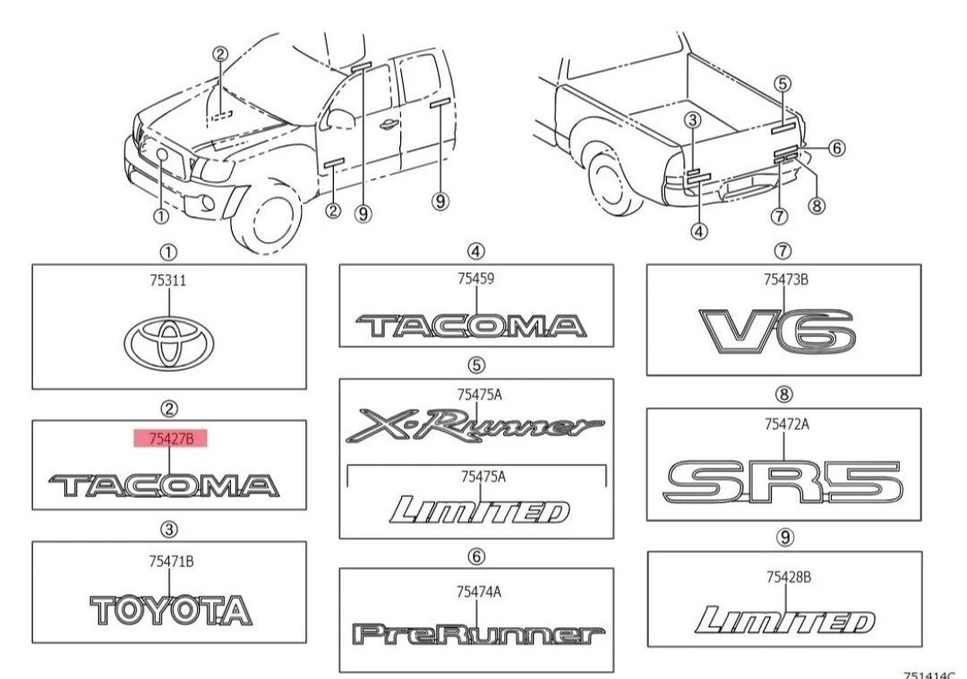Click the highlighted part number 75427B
tap(170, 438)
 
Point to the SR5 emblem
tap(783, 482)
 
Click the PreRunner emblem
tap(475, 635)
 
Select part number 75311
tap(168, 280)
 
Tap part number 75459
tap(475, 279)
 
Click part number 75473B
tap(785, 279)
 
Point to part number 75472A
tap(786, 425)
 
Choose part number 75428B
tap(788, 577)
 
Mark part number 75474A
tap(477, 591)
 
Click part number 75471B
tap(171, 562)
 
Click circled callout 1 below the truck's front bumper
tap(160, 216)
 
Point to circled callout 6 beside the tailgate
tap(835, 148)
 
